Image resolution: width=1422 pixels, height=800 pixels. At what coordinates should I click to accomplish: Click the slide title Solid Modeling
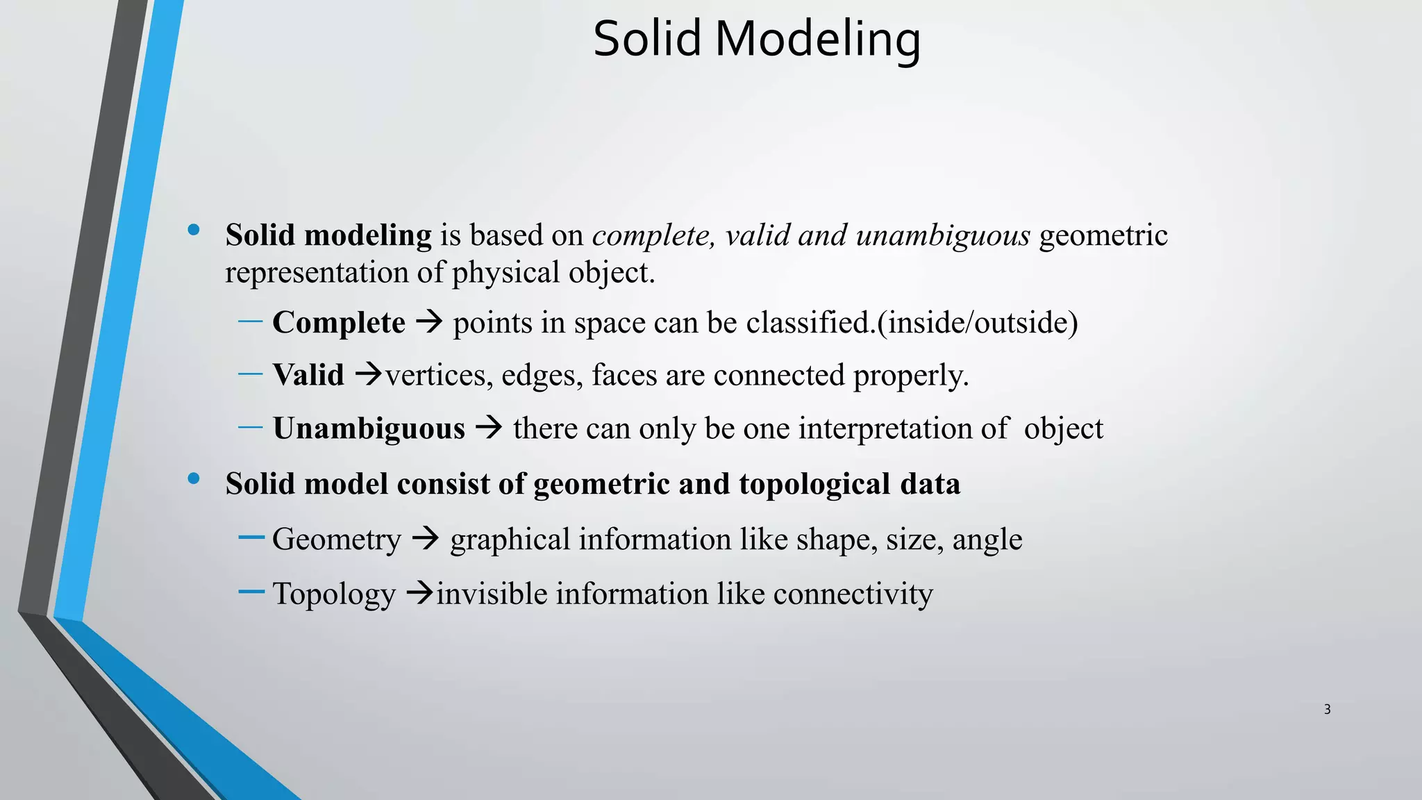coord(757,39)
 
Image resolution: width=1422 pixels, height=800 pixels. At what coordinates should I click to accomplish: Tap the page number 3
coord(1327,709)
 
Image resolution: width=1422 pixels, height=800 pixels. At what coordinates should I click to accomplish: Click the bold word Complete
coord(339,323)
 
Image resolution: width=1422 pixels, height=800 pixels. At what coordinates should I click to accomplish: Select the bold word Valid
coord(308,376)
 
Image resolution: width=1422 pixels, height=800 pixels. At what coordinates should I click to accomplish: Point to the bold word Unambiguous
coord(369,428)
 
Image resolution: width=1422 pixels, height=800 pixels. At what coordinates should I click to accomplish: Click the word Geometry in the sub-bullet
coord(337,540)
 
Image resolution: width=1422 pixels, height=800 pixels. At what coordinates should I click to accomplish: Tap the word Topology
coord(334,594)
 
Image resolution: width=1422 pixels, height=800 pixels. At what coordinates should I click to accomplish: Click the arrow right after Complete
coord(429,322)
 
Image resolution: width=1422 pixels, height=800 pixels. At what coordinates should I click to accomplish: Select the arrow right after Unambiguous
coord(489,427)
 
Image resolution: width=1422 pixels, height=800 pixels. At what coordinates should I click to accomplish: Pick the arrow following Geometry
coord(425,538)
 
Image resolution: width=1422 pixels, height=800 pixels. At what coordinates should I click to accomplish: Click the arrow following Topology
coord(419,593)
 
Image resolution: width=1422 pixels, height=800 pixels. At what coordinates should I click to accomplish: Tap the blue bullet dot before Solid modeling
coord(194,230)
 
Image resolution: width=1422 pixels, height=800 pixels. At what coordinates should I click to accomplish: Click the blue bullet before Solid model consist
coord(194,478)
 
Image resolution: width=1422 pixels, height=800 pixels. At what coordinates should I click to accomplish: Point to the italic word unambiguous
coord(942,235)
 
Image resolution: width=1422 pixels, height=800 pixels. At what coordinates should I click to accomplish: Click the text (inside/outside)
coord(978,323)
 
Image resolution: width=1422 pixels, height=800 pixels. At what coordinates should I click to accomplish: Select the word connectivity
coord(853,594)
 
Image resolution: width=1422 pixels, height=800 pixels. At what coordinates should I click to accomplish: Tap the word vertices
coord(439,376)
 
